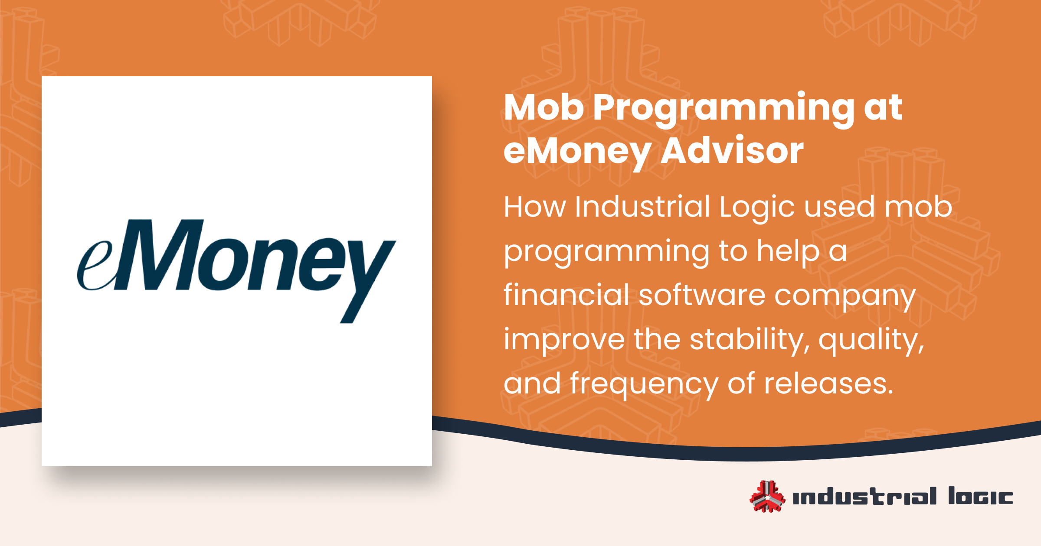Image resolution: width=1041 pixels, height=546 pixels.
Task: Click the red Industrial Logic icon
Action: tap(767, 497)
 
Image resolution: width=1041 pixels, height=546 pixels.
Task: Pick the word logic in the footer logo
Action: tap(980, 497)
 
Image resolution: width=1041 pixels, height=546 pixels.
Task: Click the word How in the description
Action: tap(534, 207)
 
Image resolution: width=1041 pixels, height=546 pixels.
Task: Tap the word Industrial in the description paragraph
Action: tap(642, 207)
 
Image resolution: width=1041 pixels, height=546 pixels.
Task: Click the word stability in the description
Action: tap(749, 339)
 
